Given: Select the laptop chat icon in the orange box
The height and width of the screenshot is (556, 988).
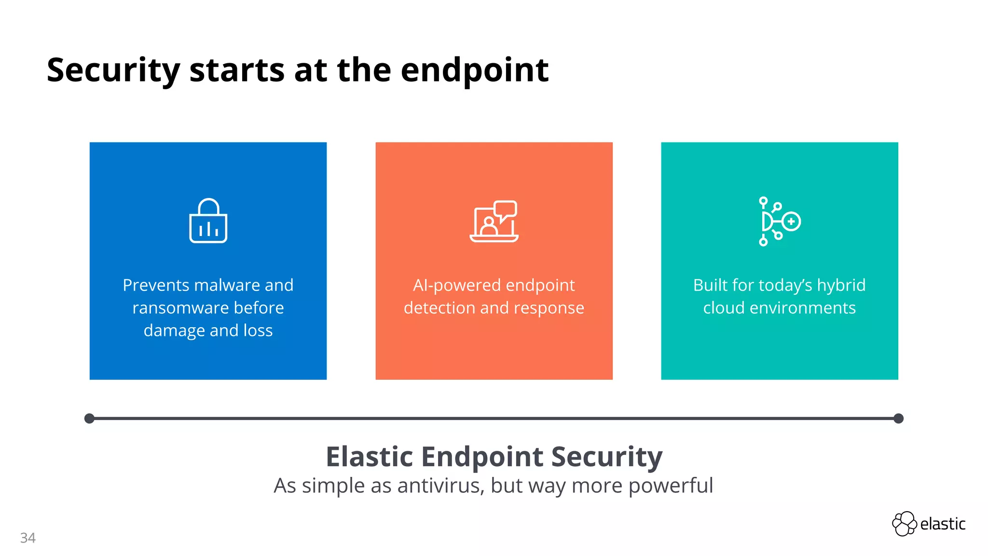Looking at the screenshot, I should click(494, 222).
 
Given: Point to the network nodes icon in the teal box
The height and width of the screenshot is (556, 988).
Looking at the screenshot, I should click(779, 222).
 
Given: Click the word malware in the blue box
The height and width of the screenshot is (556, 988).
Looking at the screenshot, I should click(222, 285).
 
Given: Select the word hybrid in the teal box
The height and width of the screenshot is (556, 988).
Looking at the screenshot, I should click(841, 285).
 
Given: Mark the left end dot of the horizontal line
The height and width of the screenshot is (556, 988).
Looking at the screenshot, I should click(89, 418).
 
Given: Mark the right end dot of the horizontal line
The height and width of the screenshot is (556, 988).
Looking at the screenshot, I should click(898, 418).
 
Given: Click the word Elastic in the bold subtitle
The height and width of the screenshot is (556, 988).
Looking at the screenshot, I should click(369, 457).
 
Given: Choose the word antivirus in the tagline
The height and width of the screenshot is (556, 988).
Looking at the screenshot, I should click(440, 486).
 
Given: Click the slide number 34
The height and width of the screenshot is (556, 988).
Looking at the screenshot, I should click(28, 538).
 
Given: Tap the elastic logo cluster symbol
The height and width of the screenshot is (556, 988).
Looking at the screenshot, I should click(904, 524).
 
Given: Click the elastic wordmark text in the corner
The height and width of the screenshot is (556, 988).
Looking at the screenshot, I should click(943, 524).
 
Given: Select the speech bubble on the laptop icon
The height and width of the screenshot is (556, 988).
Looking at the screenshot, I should click(505, 210).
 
